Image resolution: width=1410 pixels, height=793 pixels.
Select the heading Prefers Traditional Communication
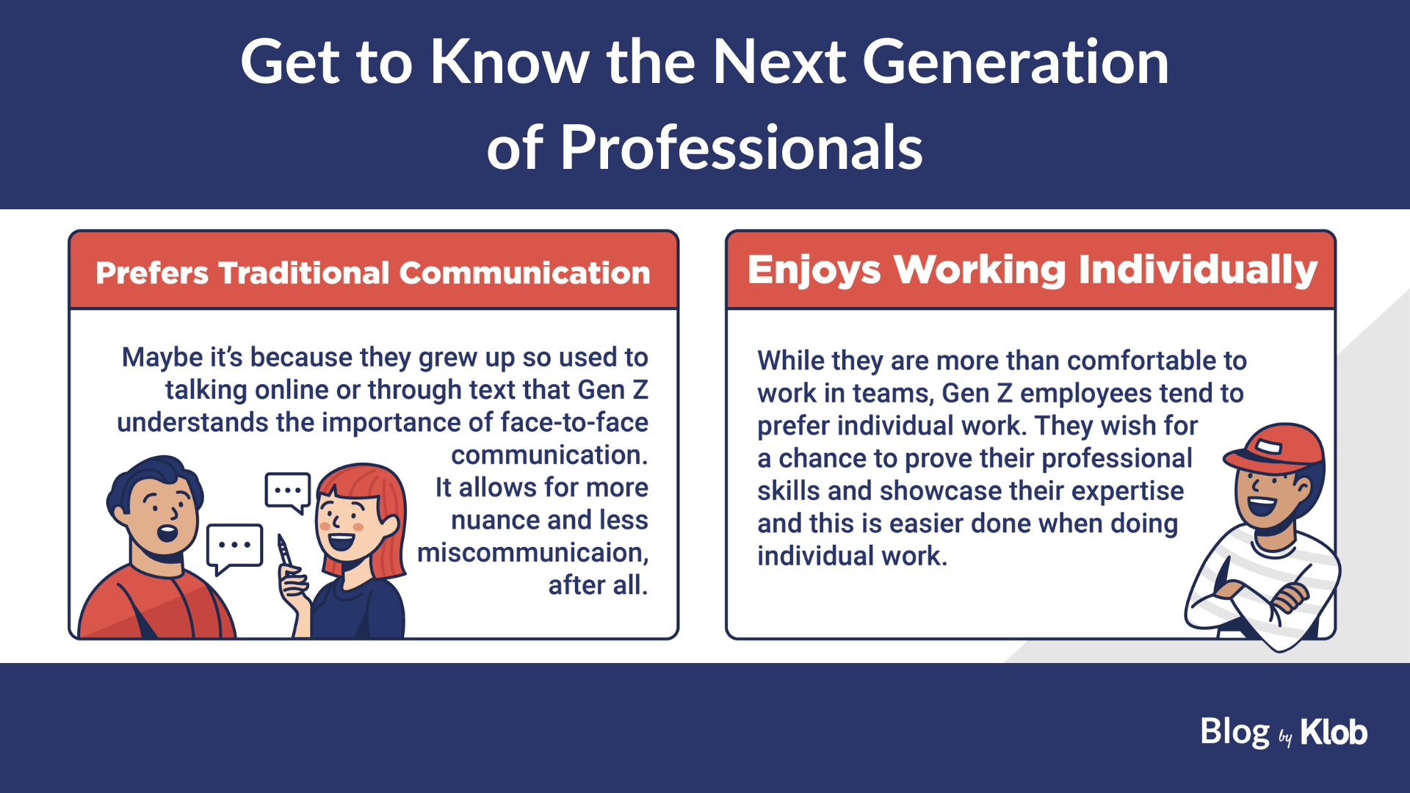(373, 273)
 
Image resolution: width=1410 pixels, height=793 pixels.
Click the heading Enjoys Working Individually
(1033, 270)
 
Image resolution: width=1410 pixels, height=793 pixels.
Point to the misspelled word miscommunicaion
(532, 553)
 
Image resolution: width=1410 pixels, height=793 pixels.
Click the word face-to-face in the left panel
(574, 422)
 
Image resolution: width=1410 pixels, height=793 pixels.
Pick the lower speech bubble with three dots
(234, 548)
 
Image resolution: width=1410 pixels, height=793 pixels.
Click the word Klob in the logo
(1334, 732)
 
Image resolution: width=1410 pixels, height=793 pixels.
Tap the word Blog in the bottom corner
(1235, 732)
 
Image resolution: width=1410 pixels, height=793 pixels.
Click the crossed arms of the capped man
(1263, 598)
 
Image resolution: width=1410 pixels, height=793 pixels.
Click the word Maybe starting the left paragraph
(162, 358)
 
